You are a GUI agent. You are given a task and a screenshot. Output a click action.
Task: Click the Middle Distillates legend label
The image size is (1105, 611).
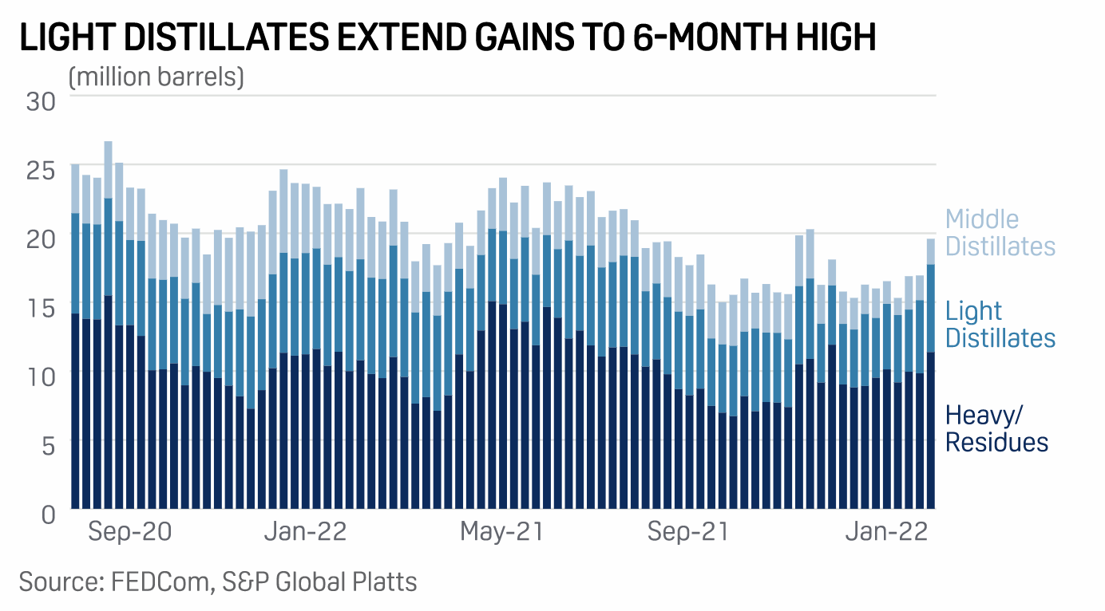tap(1000, 232)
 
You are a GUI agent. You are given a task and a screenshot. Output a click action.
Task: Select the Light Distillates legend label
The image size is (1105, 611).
tap(1000, 324)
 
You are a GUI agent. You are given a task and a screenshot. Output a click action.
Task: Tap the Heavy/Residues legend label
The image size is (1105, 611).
tap(996, 428)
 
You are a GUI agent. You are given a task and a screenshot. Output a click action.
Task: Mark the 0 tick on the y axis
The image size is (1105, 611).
tap(48, 513)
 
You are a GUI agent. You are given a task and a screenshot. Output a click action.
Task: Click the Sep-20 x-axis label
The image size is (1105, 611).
tap(129, 531)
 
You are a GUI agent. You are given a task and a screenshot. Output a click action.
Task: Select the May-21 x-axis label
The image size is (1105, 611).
tap(501, 531)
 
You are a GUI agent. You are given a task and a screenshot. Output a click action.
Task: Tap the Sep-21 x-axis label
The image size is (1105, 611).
tap(688, 531)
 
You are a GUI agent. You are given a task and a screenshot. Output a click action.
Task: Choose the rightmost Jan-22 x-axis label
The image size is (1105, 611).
tap(887, 531)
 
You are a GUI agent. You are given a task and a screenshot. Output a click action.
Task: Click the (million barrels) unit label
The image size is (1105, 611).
tap(156, 77)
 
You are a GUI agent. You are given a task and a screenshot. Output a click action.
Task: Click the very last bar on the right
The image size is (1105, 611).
tap(930, 375)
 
